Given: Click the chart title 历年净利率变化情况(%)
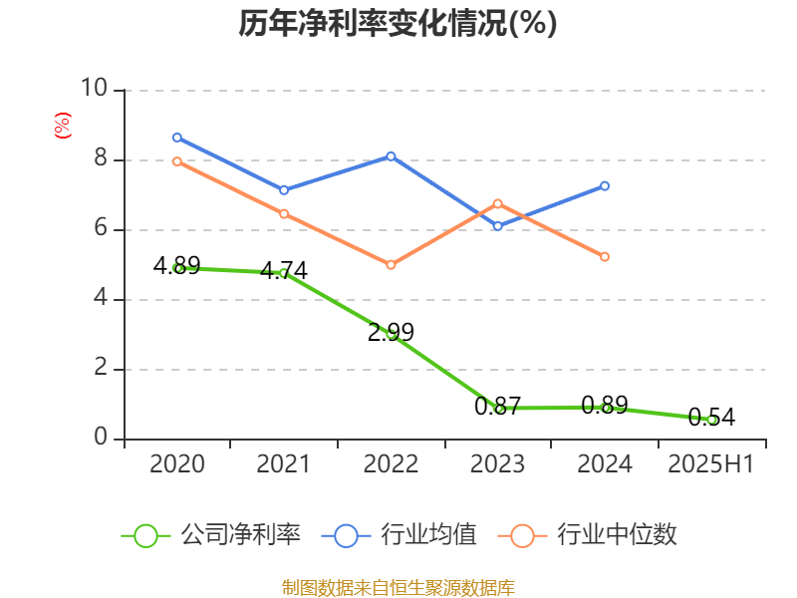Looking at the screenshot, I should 398,23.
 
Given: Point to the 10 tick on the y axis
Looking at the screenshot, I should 95,90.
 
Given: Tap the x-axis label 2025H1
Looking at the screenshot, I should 711,464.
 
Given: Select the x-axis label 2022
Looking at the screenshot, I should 391,464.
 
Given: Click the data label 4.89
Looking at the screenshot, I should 176,266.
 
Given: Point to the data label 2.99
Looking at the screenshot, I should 391,333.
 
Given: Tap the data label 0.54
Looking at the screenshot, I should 711,418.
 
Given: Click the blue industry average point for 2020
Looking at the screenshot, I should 177,138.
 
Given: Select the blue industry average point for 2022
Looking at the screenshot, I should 391,156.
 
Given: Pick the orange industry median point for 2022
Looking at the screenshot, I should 391,265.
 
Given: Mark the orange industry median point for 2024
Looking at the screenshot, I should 605,257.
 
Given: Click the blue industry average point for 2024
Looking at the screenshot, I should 605,185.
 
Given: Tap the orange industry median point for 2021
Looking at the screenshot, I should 284,214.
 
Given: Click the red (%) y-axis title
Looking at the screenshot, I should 62,126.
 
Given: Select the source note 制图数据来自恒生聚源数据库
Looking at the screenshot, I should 398,587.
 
